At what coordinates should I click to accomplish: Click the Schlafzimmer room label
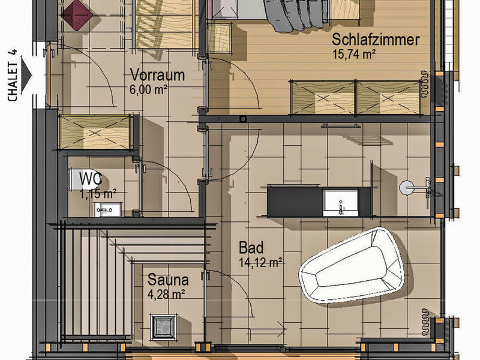click(x=376, y=40)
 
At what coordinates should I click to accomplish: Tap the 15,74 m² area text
click(x=354, y=55)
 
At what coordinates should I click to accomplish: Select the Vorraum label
click(x=157, y=75)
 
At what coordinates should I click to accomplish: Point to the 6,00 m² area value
click(x=148, y=89)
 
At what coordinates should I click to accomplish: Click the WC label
click(x=91, y=179)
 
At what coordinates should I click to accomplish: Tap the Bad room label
click(x=251, y=247)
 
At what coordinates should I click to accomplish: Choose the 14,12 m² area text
click(x=260, y=263)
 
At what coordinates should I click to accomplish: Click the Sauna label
click(x=168, y=280)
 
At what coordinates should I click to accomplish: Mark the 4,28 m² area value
click(x=166, y=294)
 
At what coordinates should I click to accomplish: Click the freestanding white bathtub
click(x=352, y=265)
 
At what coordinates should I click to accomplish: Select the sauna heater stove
click(x=163, y=326)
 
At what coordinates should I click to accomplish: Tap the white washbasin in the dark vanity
click(x=341, y=203)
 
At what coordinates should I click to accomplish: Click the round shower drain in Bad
click(x=407, y=187)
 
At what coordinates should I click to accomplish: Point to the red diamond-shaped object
click(x=77, y=14)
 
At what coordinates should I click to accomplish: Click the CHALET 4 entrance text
click(x=13, y=76)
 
